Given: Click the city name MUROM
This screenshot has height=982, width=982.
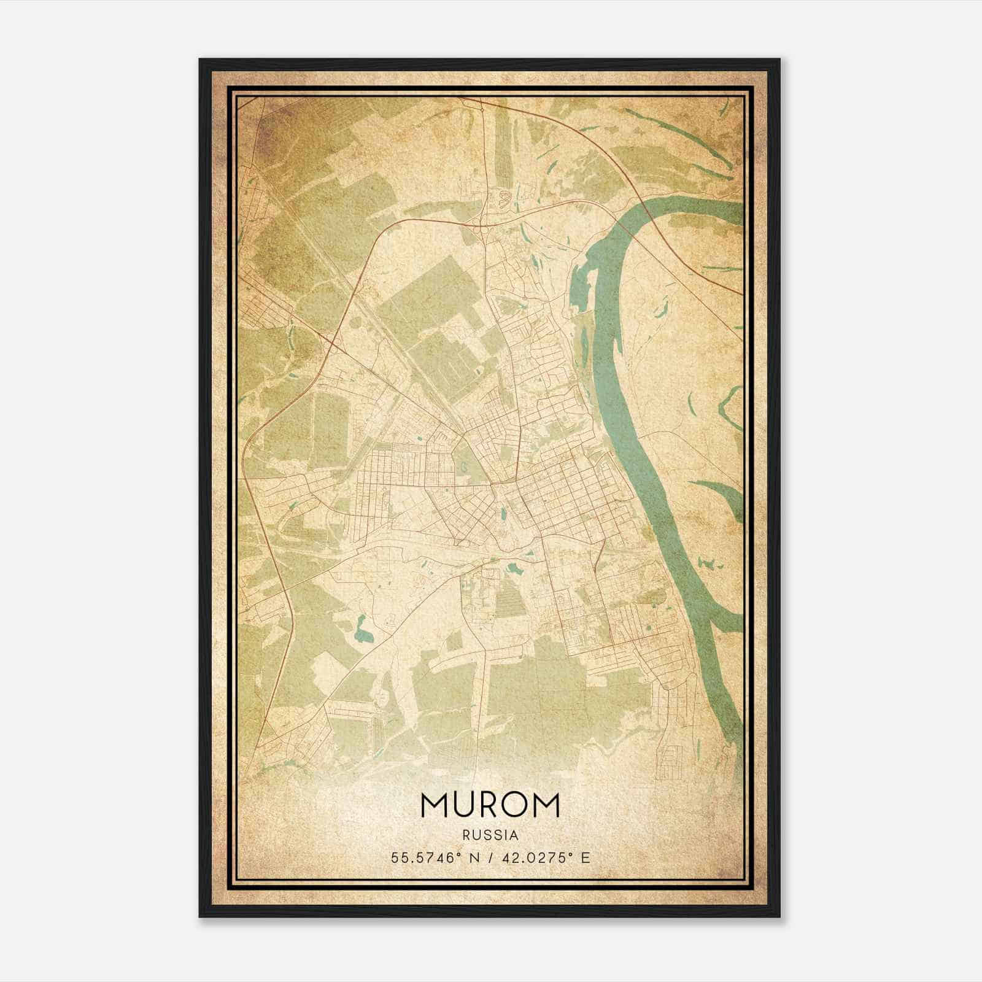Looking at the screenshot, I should (490, 805).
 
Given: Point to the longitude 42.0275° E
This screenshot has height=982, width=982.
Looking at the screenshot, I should (539, 857).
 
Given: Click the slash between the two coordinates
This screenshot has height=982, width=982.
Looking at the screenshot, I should (490, 857).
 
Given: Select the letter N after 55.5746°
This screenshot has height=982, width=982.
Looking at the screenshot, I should (474, 857).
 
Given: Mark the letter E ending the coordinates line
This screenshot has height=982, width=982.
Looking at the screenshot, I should (586, 857).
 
